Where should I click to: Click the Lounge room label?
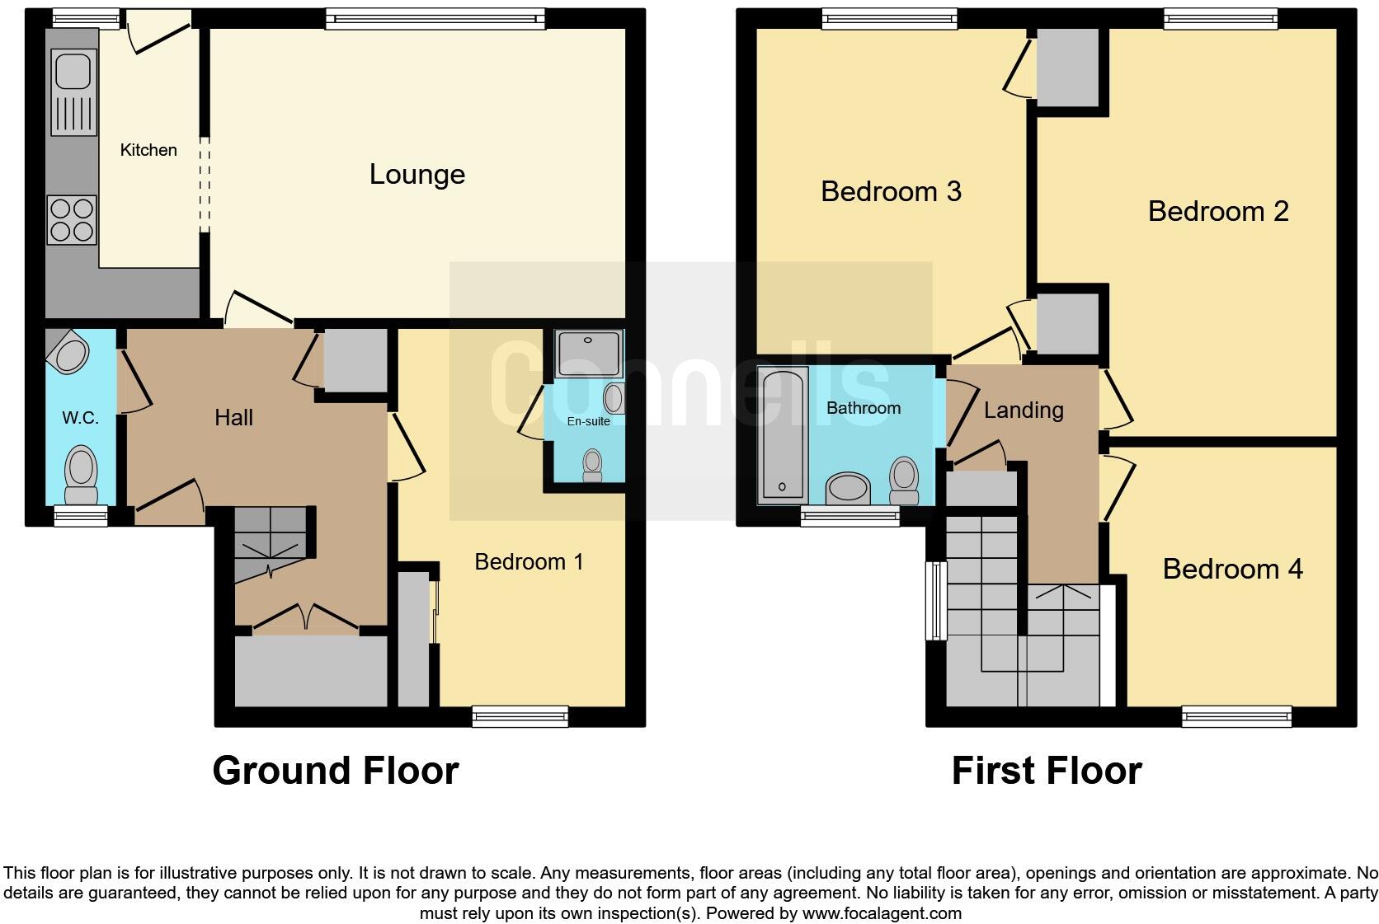pyautogui.click(x=417, y=174)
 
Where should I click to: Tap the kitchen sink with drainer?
pyautogui.click(x=73, y=91)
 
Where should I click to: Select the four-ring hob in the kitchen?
pyautogui.click(x=72, y=219)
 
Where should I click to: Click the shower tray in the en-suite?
pyautogui.click(x=589, y=353)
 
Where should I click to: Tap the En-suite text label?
pyautogui.click(x=588, y=421)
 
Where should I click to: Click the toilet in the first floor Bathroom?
pyautogui.click(x=904, y=481)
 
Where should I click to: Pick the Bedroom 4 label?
pyautogui.click(x=1232, y=569)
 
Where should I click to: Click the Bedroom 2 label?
pyautogui.click(x=1217, y=211)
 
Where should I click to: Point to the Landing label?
pyautogui.click(x=1023, y=410)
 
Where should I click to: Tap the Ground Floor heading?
pyautogui.click(x=335, y=771)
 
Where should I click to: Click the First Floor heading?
pyautogui.click(x=1046, y=771)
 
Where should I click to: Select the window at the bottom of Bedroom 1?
pyautogui.click(x=520, y=716)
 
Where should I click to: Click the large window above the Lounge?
pyautogui.click(x=435, y=18)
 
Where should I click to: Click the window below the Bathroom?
pyautogui.click(x=850, y=517)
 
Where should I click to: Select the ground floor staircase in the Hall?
pyautogui.click(x=271, y=544)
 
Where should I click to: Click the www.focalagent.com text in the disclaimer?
pyautogui.click(x=881, y=913)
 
